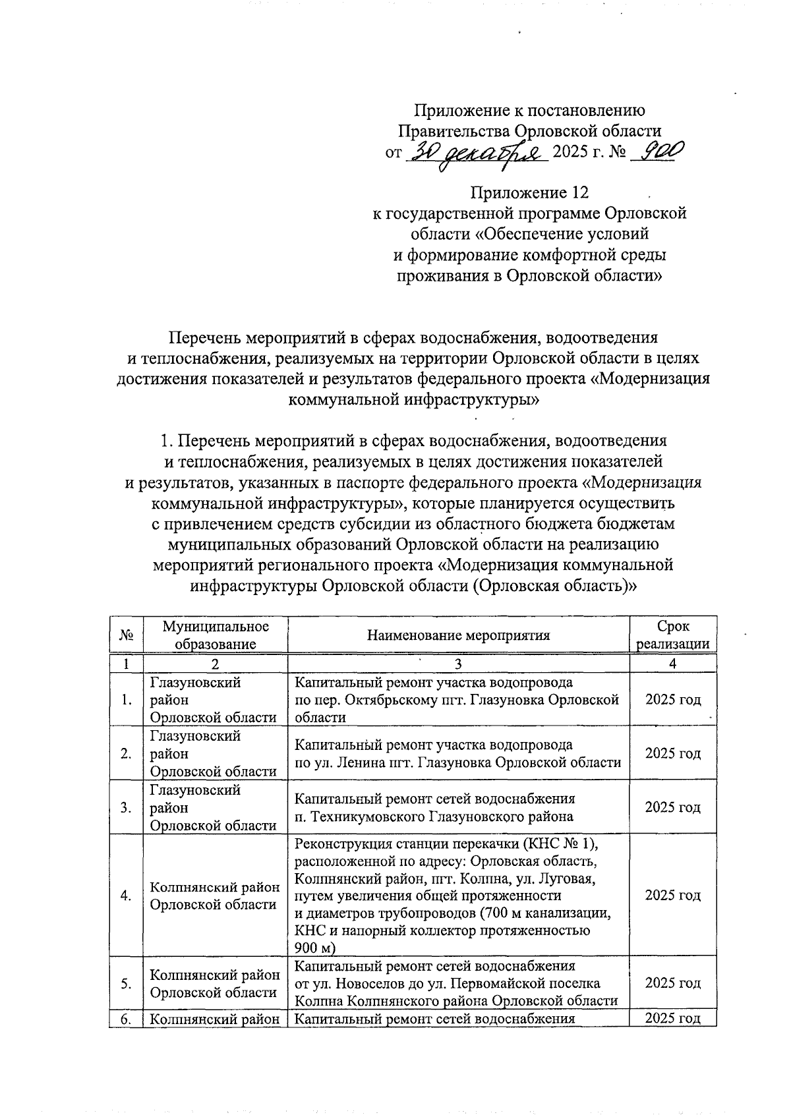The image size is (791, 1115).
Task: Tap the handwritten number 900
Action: click(657, 152)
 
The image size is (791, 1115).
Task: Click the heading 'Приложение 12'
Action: click(529, 192)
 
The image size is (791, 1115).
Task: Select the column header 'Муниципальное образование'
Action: click(216, 635)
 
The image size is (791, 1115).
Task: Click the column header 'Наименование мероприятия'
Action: click(458, 635)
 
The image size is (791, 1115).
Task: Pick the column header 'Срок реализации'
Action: click(672, 635)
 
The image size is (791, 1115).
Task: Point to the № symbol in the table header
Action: click(127, 635)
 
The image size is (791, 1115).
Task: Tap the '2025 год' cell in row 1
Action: click(672, 699)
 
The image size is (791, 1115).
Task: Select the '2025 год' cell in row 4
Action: click(672, 895)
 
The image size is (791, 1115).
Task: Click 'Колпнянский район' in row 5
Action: click(215, 975)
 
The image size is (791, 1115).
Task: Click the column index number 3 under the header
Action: click(458, 664)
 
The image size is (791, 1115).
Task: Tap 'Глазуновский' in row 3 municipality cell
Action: click(195, 789)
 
